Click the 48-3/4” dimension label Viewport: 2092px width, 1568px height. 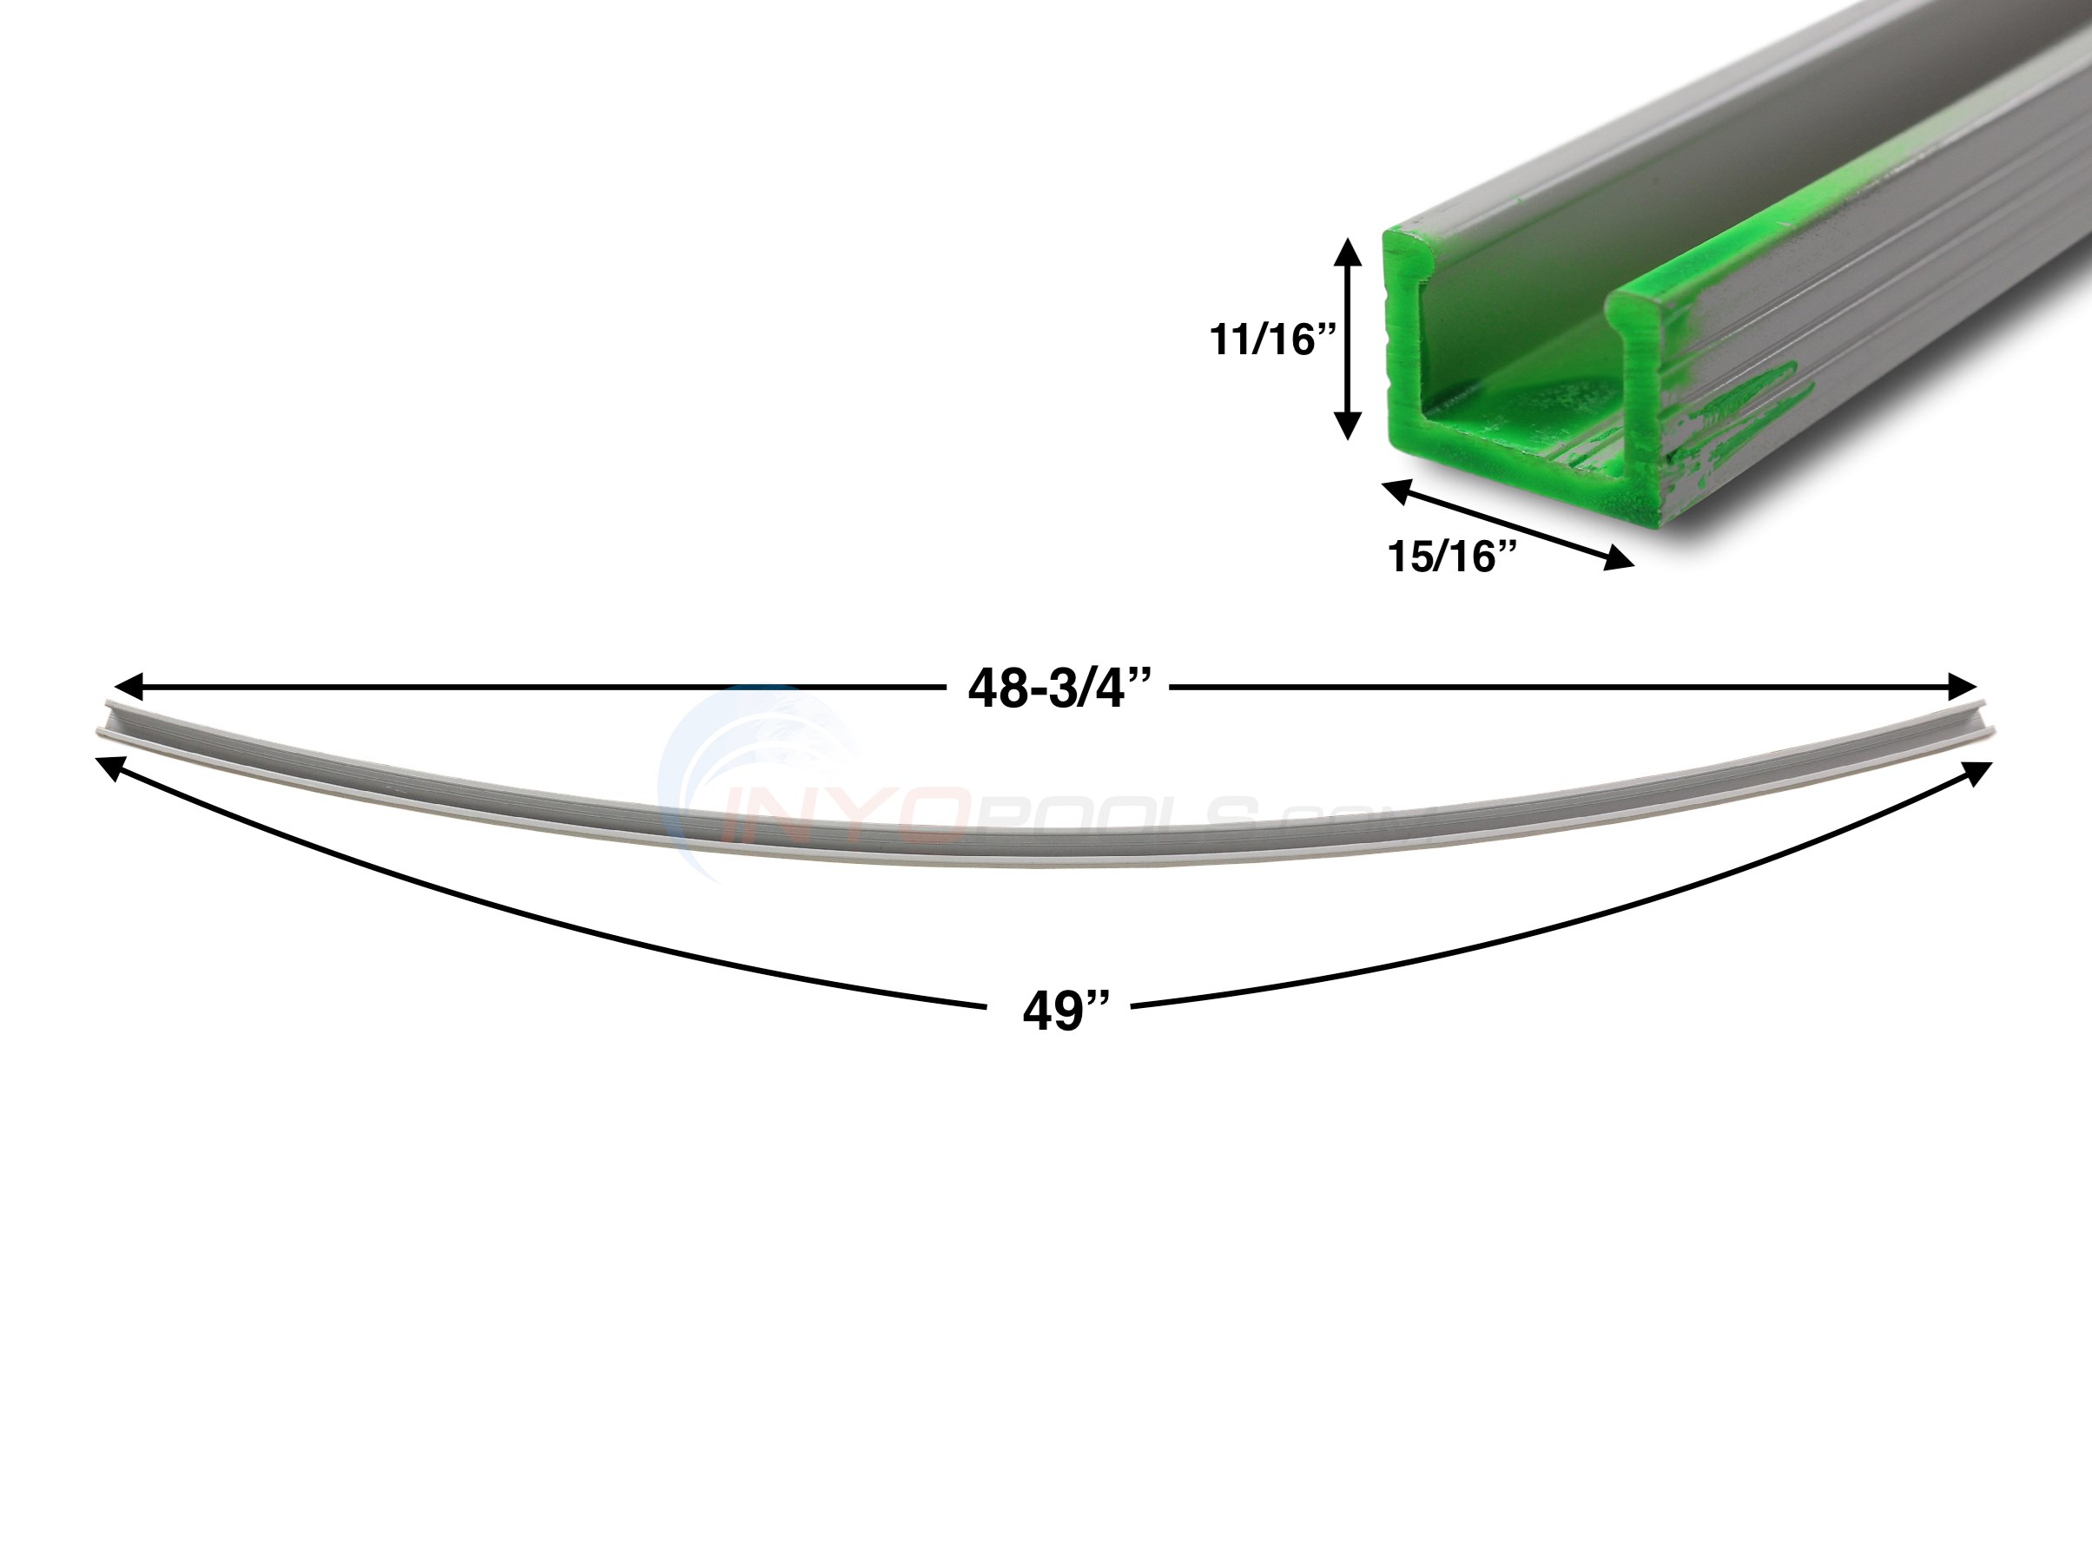[x=1059, y=688]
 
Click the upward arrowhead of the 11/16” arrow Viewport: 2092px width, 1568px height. [x=1347, y=252]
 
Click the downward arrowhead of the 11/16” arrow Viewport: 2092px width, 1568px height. [x=1347, y=425]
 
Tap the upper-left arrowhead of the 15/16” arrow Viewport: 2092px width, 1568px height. [x=1397, y=490]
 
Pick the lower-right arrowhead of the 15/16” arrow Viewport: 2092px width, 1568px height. [x=1618, y=560]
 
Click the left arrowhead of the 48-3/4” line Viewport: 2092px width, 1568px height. [x=127, y=686]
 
